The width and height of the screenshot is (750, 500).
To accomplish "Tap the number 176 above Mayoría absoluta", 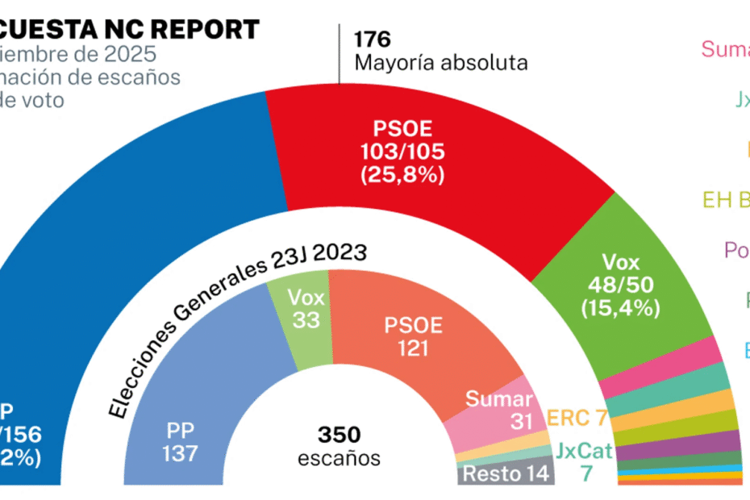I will coord(372,39).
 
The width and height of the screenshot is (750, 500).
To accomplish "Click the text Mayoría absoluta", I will coord(440,62).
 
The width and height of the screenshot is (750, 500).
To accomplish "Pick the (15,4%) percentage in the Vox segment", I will coord(620,307).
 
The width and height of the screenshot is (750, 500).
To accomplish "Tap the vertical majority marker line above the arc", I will coord(340,53).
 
